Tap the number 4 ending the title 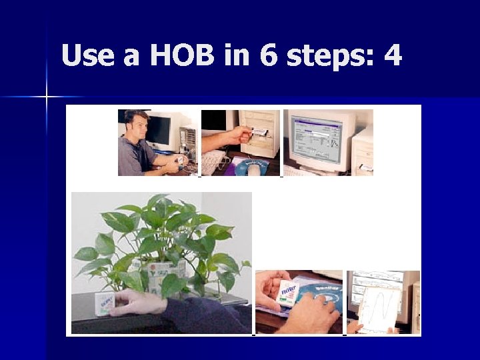pos(393,55)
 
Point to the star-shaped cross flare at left pos(47,97)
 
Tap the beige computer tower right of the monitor pos(363,150)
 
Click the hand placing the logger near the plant pos(137,304)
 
